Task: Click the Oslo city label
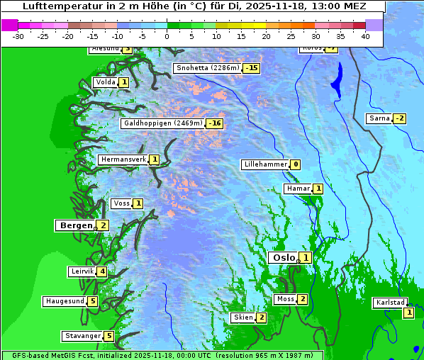click(283, 258)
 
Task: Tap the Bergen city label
click(75, 225)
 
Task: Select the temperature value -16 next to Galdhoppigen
click(215, 123)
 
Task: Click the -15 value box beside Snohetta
click(251, 69)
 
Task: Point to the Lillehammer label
click(265, 164)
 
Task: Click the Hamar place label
click(297, 189)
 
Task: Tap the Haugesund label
click(65, 301)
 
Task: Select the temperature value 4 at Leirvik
click(102, 271)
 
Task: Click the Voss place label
click(121, 203)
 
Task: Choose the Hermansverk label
click(123, 159)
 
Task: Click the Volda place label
click(105, 82)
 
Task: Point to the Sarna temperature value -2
click(400, 118)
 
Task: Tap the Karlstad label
click(390, 303)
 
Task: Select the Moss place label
click(285, 299)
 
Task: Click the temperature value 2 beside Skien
click(261, 317)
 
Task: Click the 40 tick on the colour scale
click(365, 36)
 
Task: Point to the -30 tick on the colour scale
click(18, 36)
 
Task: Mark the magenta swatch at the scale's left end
click(9, 25)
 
